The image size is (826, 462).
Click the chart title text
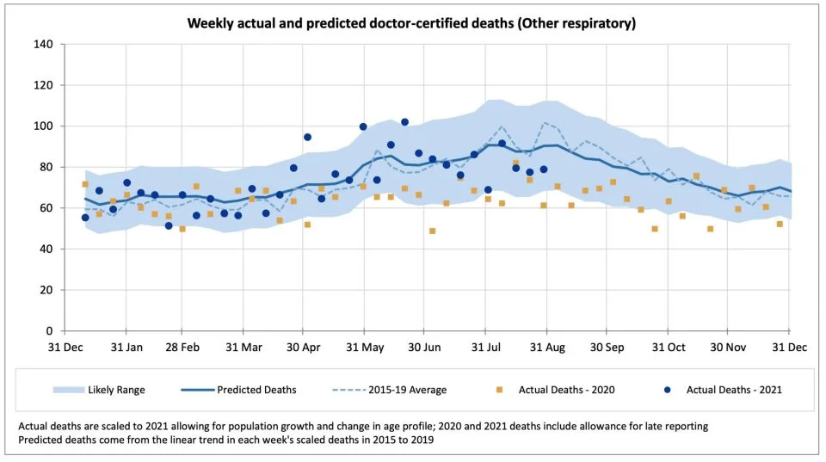[412, 23]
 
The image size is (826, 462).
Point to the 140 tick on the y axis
[43, 45]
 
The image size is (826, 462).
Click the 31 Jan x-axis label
[126, 348]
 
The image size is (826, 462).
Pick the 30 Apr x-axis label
[304, 348]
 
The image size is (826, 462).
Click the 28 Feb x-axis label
[182, 348]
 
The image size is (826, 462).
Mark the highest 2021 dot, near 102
[404, 122]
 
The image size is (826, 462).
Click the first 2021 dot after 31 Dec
[85, 218]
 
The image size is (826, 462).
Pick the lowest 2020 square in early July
[432, 231]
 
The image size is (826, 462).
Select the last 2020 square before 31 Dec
[780, 224]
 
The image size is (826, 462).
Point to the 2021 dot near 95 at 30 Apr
[307, 137]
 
